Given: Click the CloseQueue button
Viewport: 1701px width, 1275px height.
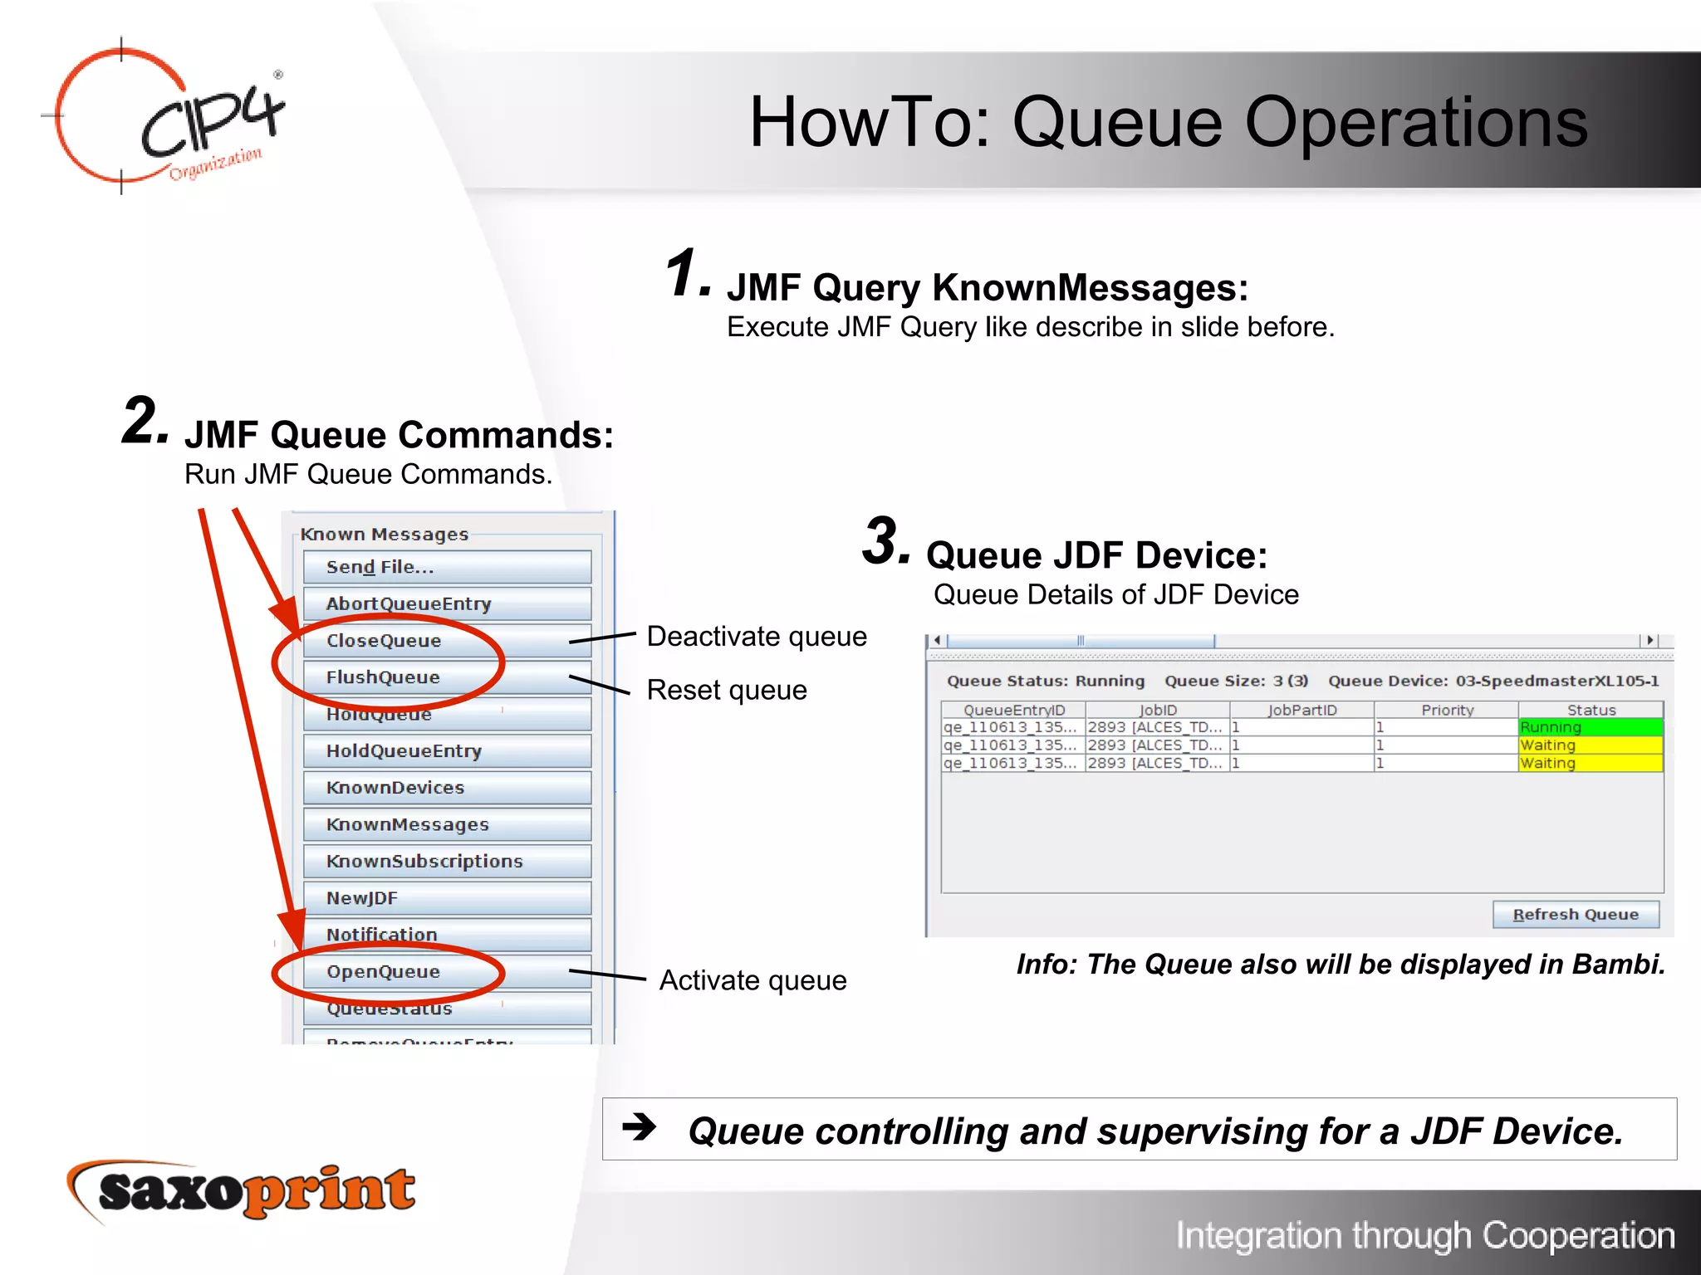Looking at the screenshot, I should click(447, 641).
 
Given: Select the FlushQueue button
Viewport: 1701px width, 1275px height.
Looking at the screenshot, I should click(447, 677).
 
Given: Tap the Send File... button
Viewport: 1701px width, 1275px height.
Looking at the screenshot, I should click(447, 567).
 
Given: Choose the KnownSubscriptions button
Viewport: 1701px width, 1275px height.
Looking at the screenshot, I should click(447, 861).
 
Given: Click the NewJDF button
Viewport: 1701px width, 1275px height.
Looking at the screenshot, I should click(447, 898).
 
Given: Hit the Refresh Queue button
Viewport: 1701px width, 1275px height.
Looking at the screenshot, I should click(1575, 914).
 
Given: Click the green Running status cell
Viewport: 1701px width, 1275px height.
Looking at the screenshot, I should click(1590, 727).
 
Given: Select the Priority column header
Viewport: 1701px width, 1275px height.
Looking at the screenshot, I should click(1446, 710).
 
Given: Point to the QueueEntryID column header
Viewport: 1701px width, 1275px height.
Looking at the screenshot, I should click(1013, 710).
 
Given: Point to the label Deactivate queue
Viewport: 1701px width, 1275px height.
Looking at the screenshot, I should click(756, 637).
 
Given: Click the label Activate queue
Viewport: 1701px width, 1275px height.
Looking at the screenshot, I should click(752, 980).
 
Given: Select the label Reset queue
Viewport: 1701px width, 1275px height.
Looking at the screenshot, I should click(726, 690).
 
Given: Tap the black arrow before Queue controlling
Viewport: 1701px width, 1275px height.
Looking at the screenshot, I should click(640, 1126).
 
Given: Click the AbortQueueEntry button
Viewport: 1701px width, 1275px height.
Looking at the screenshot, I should click(447, 603).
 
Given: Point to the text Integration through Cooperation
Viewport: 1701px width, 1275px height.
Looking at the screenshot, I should click(1424, 1235).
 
